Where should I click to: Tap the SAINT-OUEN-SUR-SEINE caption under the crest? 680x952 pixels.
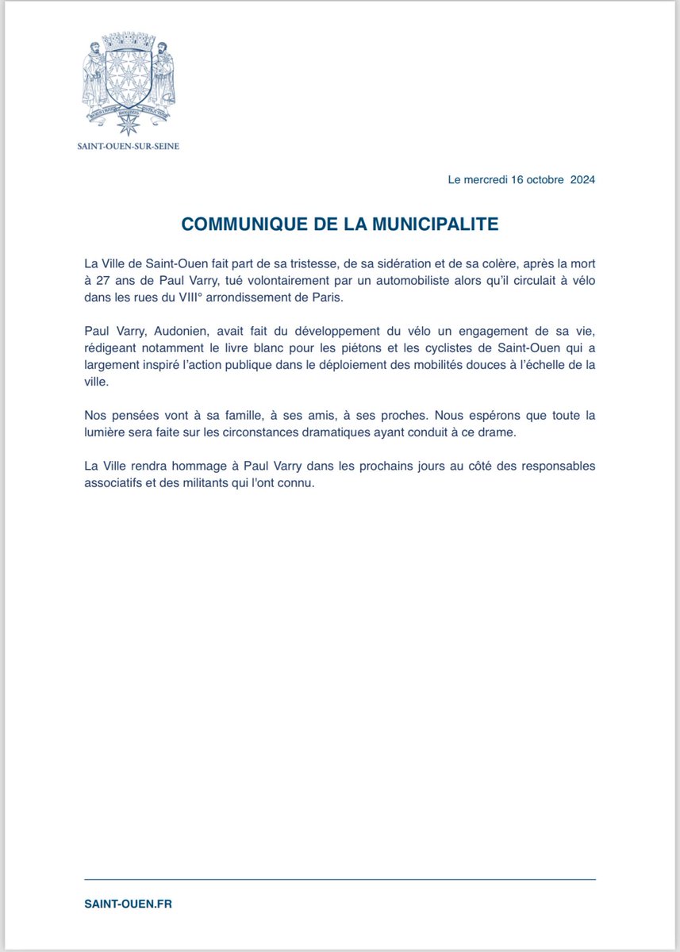point(128,147)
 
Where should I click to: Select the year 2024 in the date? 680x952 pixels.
point(582,179)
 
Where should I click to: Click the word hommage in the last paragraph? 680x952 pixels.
point(194,466)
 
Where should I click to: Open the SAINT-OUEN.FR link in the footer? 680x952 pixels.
point(128,904)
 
